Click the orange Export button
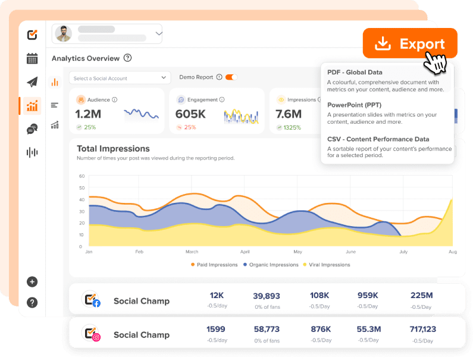[410, 43]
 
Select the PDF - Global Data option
[355, 73]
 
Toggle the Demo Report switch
[231, 77]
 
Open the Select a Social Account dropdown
[120, 78]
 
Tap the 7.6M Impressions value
[289, 114]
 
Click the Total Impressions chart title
[113, 149]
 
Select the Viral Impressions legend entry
[327, 265]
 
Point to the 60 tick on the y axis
[82, 176]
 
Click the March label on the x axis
[192, 252]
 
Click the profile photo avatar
[64, 34]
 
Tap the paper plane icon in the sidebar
[32, 82]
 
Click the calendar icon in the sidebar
[32, 58]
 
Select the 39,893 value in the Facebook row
[266, 296]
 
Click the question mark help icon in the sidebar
[32, 303]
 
